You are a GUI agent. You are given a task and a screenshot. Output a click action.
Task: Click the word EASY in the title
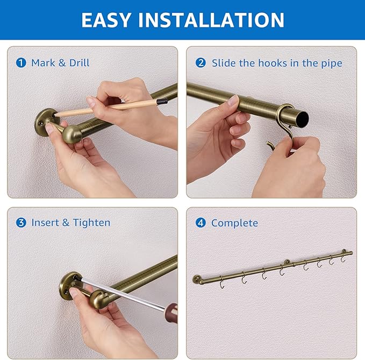106,20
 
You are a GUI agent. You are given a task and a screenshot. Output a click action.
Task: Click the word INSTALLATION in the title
211,20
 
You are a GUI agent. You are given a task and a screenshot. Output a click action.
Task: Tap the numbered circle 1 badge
21,63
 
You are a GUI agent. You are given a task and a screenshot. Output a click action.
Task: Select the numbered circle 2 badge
201,63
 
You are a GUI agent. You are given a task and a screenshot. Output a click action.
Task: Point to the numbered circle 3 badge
21,222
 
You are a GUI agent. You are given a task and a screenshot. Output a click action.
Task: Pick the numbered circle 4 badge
201,223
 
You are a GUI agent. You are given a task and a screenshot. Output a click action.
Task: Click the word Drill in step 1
80,63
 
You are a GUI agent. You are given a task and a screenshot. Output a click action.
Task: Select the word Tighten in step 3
91,222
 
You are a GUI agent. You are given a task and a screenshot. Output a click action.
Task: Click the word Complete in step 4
234,223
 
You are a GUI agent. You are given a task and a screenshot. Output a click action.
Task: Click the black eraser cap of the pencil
162,101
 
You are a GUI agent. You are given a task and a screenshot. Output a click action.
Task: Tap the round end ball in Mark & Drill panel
72,134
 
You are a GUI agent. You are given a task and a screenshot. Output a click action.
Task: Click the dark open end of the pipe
303,118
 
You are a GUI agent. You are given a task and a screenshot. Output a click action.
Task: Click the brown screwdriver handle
172,313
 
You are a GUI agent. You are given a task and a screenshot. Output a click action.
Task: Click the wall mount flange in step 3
69,285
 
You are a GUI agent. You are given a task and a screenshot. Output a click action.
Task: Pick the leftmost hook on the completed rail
222,283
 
